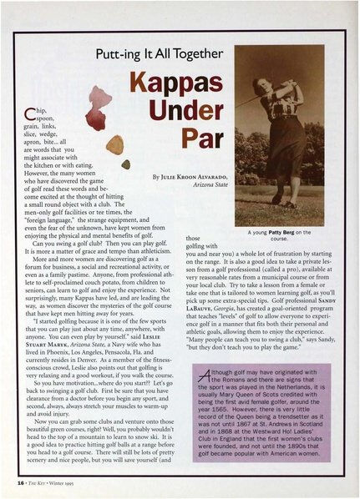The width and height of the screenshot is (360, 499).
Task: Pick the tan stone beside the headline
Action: (x=114, y=144)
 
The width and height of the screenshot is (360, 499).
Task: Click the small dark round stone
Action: (x=125, y=164)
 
